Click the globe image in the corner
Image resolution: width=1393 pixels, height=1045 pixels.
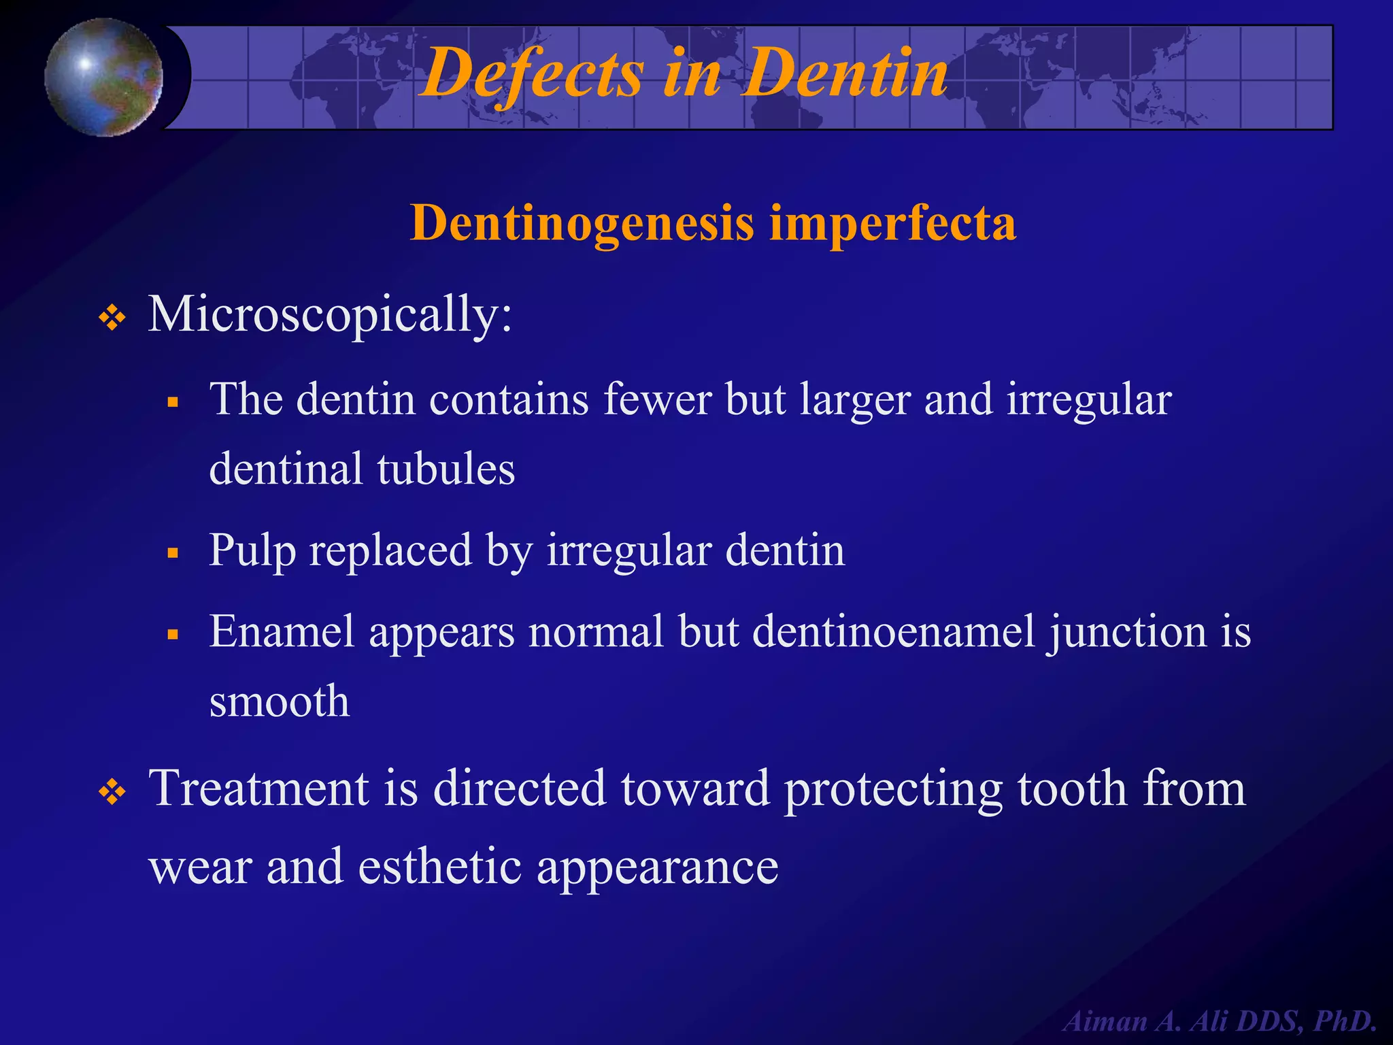[103, 77]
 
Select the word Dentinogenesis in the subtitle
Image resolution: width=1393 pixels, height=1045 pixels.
[582, 224]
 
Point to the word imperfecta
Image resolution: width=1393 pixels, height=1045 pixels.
[892, 224]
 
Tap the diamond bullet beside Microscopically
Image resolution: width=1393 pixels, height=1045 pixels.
[112, 318]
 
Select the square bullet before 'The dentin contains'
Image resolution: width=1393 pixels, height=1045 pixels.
[173, 402]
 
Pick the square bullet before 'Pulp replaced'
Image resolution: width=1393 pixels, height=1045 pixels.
[173, 553]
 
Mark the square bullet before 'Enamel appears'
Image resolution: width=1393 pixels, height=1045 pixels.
[173, 635]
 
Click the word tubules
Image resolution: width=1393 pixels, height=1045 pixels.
[446, 469]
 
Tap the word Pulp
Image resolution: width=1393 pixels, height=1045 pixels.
[252, 551]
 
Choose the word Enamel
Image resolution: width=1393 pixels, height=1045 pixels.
[282, 631]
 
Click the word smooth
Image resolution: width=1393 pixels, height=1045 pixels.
[279, 701]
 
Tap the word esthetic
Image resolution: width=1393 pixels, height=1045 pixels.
[439, 867]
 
